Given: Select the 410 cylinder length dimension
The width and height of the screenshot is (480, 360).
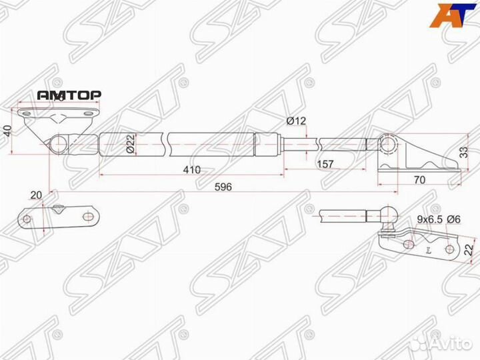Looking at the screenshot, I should pos(192,169).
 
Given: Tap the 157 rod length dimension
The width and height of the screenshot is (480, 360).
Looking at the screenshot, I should pos(325,165).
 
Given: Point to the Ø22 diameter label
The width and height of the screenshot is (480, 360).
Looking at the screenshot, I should pos(131,145).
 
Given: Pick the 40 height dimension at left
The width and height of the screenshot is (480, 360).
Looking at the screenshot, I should pos(7,130).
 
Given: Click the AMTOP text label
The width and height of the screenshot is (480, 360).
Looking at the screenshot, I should pos(69,95).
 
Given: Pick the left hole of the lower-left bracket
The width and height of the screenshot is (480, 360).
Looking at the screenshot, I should pos(27,219).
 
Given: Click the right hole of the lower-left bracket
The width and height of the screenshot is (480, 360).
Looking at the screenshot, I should pos(87,218).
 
